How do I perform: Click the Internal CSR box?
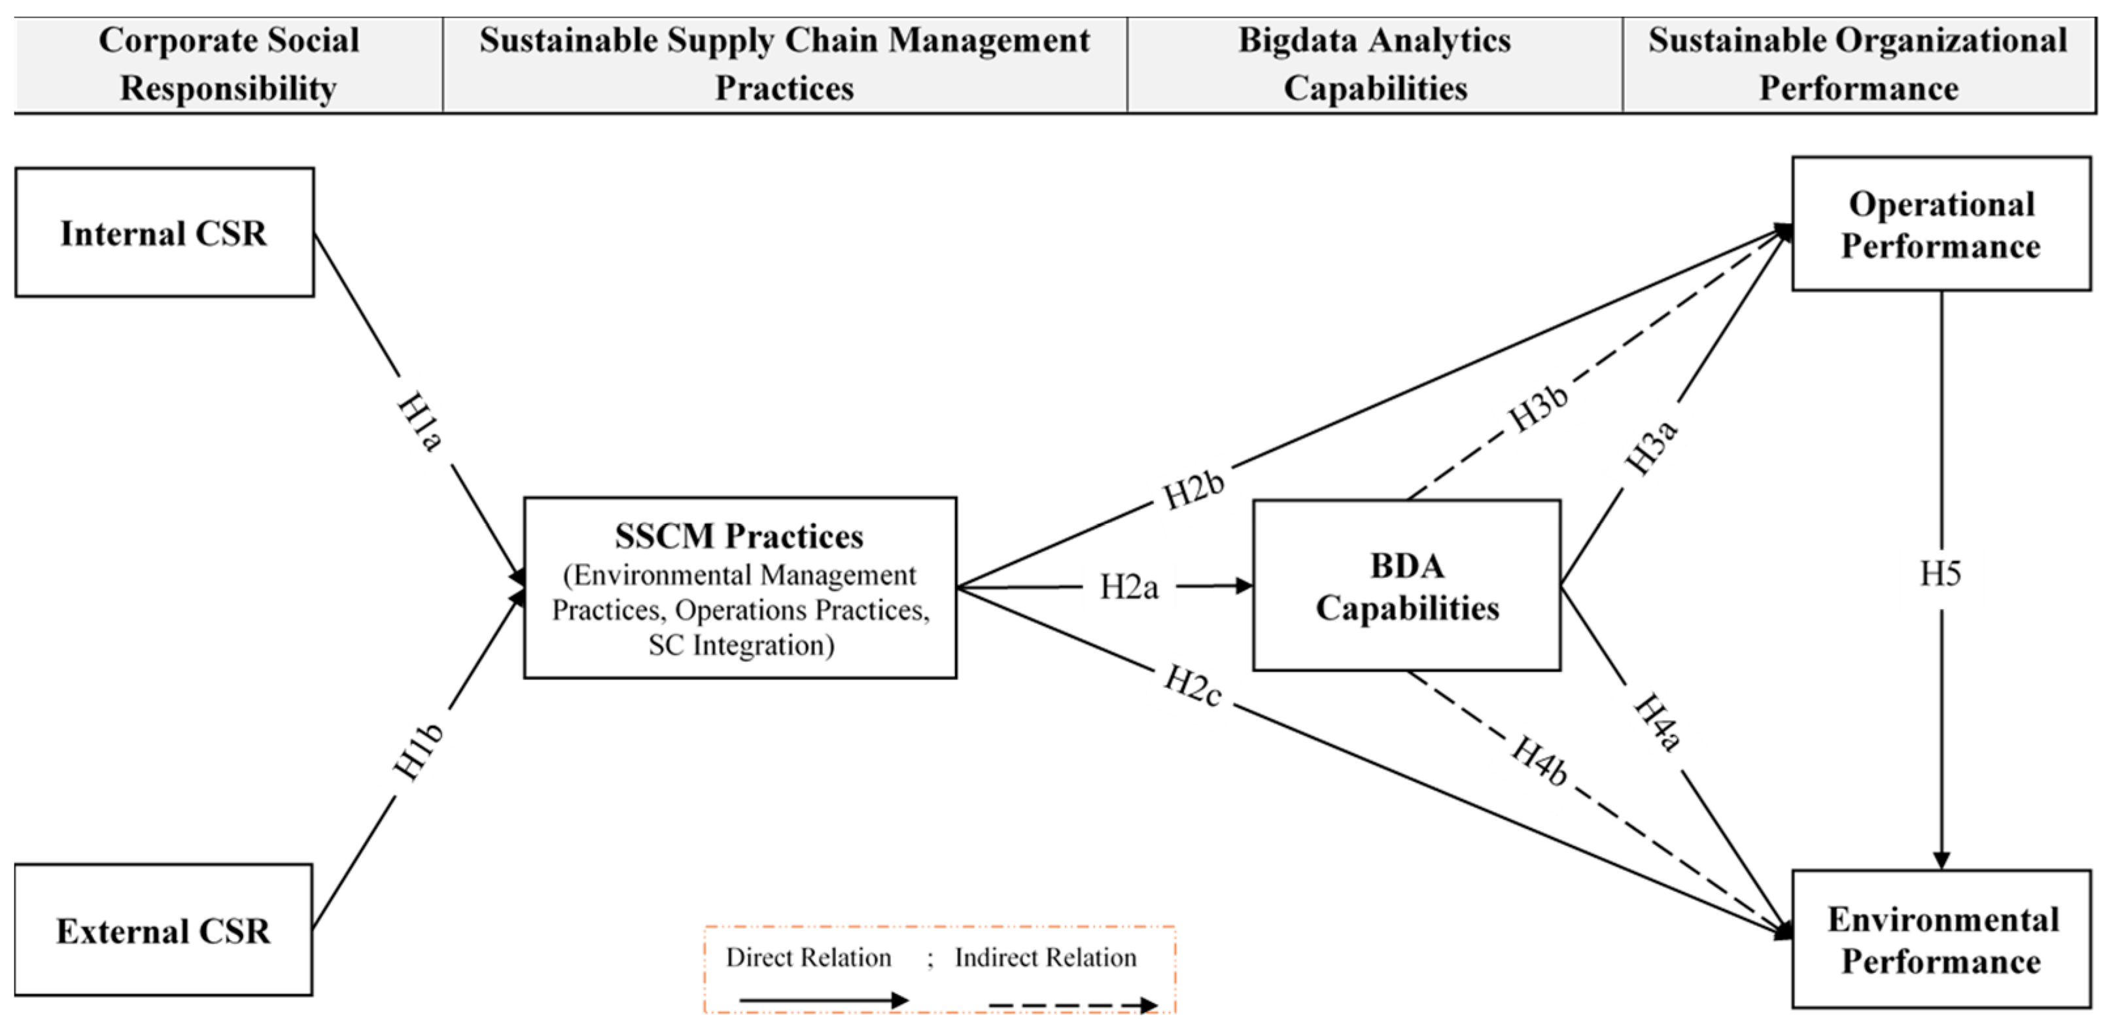click(164, 233)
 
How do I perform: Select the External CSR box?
click(164, 930)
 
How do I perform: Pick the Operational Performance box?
click(1941, 225)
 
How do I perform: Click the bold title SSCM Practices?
click(739, 536)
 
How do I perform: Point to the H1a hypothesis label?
click(421, 421)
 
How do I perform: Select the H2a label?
click(1129, 587)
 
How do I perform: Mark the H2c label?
click(1193, 685)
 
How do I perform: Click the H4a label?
click(1657, 723)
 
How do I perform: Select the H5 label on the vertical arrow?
click(1940, 574)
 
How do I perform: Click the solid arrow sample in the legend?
click(823, 1000)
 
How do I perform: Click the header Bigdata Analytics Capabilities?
click(1374, 64)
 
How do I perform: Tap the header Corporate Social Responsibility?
click(228, 64)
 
